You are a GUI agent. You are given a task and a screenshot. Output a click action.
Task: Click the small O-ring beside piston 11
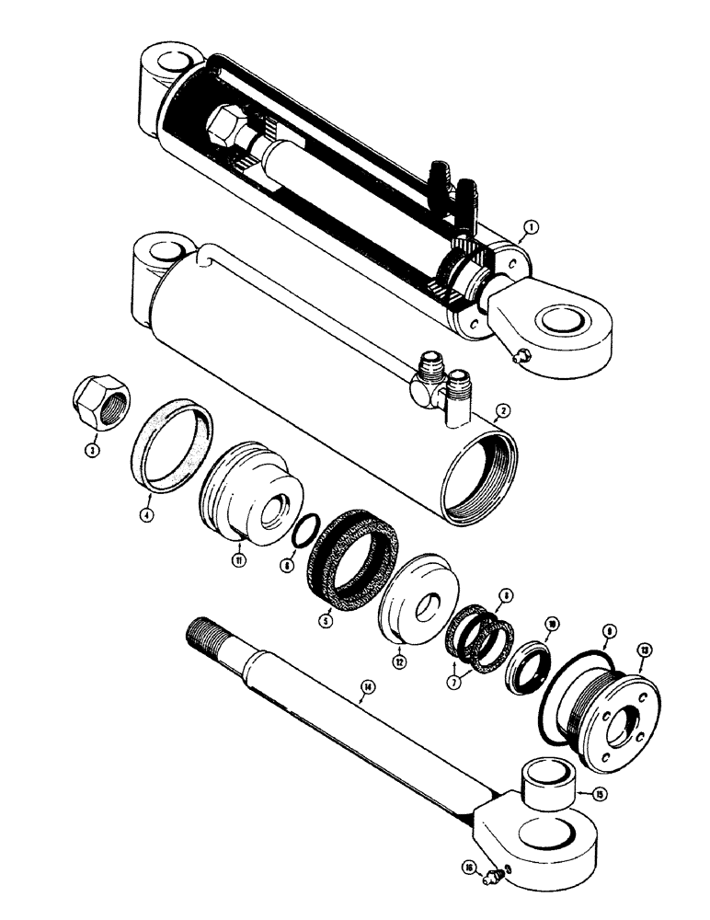click(x=303, y=533)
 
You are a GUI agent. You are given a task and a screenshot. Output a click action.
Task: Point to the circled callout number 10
click(x=552, y=624)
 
